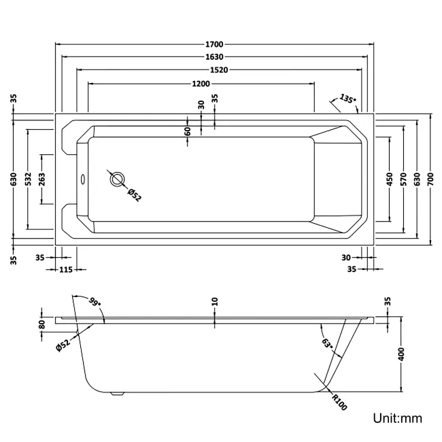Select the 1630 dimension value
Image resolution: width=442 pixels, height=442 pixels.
(214, 57)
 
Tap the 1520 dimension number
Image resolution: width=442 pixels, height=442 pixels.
(214, 70)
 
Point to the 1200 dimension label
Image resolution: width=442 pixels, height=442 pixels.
(201, 83)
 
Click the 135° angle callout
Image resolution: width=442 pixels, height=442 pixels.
(347, 99)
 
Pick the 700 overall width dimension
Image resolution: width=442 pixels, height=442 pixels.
(431, 179)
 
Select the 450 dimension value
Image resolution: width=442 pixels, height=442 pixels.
(390, 179)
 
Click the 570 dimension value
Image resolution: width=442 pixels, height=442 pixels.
(403, 179)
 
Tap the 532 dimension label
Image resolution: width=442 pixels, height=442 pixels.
(28, 179)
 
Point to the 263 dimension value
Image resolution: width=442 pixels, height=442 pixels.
(42, 179)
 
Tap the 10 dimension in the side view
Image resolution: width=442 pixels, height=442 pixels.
(214, 301)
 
